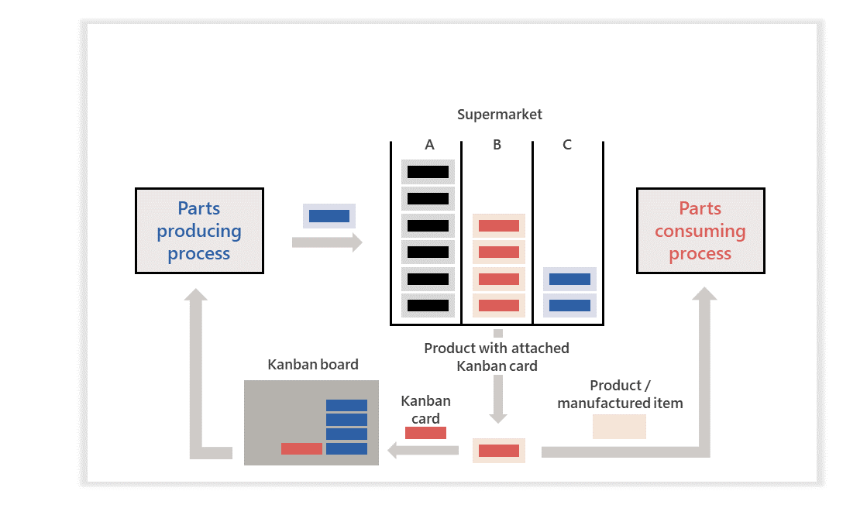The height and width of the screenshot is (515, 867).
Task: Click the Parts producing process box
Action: [199, 231]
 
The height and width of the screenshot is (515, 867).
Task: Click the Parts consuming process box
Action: [700, 231]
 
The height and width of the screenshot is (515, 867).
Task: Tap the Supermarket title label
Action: [499, 115]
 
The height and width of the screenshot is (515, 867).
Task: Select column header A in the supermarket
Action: [429, 145]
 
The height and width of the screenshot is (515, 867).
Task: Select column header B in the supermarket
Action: [497, 145]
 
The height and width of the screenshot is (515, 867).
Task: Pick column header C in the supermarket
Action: [567, 145]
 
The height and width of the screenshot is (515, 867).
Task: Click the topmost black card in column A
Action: [428, 172]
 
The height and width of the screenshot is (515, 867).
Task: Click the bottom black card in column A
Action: [428, 305]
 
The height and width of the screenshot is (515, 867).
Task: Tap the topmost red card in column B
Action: [498, 226]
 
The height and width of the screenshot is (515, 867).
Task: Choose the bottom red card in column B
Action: [498, 305]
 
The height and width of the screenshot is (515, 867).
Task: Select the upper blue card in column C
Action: [569, 279]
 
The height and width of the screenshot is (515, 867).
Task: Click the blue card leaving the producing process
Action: [329, 216]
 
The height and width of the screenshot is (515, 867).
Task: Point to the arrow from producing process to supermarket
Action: [326, 242]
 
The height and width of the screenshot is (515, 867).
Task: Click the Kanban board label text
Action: [313, 365]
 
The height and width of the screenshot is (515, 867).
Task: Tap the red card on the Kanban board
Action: [301, 448]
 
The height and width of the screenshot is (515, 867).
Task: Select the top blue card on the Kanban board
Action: [346, 405]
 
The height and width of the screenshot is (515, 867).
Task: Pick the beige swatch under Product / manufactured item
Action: [619, 427]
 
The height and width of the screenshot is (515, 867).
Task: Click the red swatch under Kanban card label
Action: [425, 433]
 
